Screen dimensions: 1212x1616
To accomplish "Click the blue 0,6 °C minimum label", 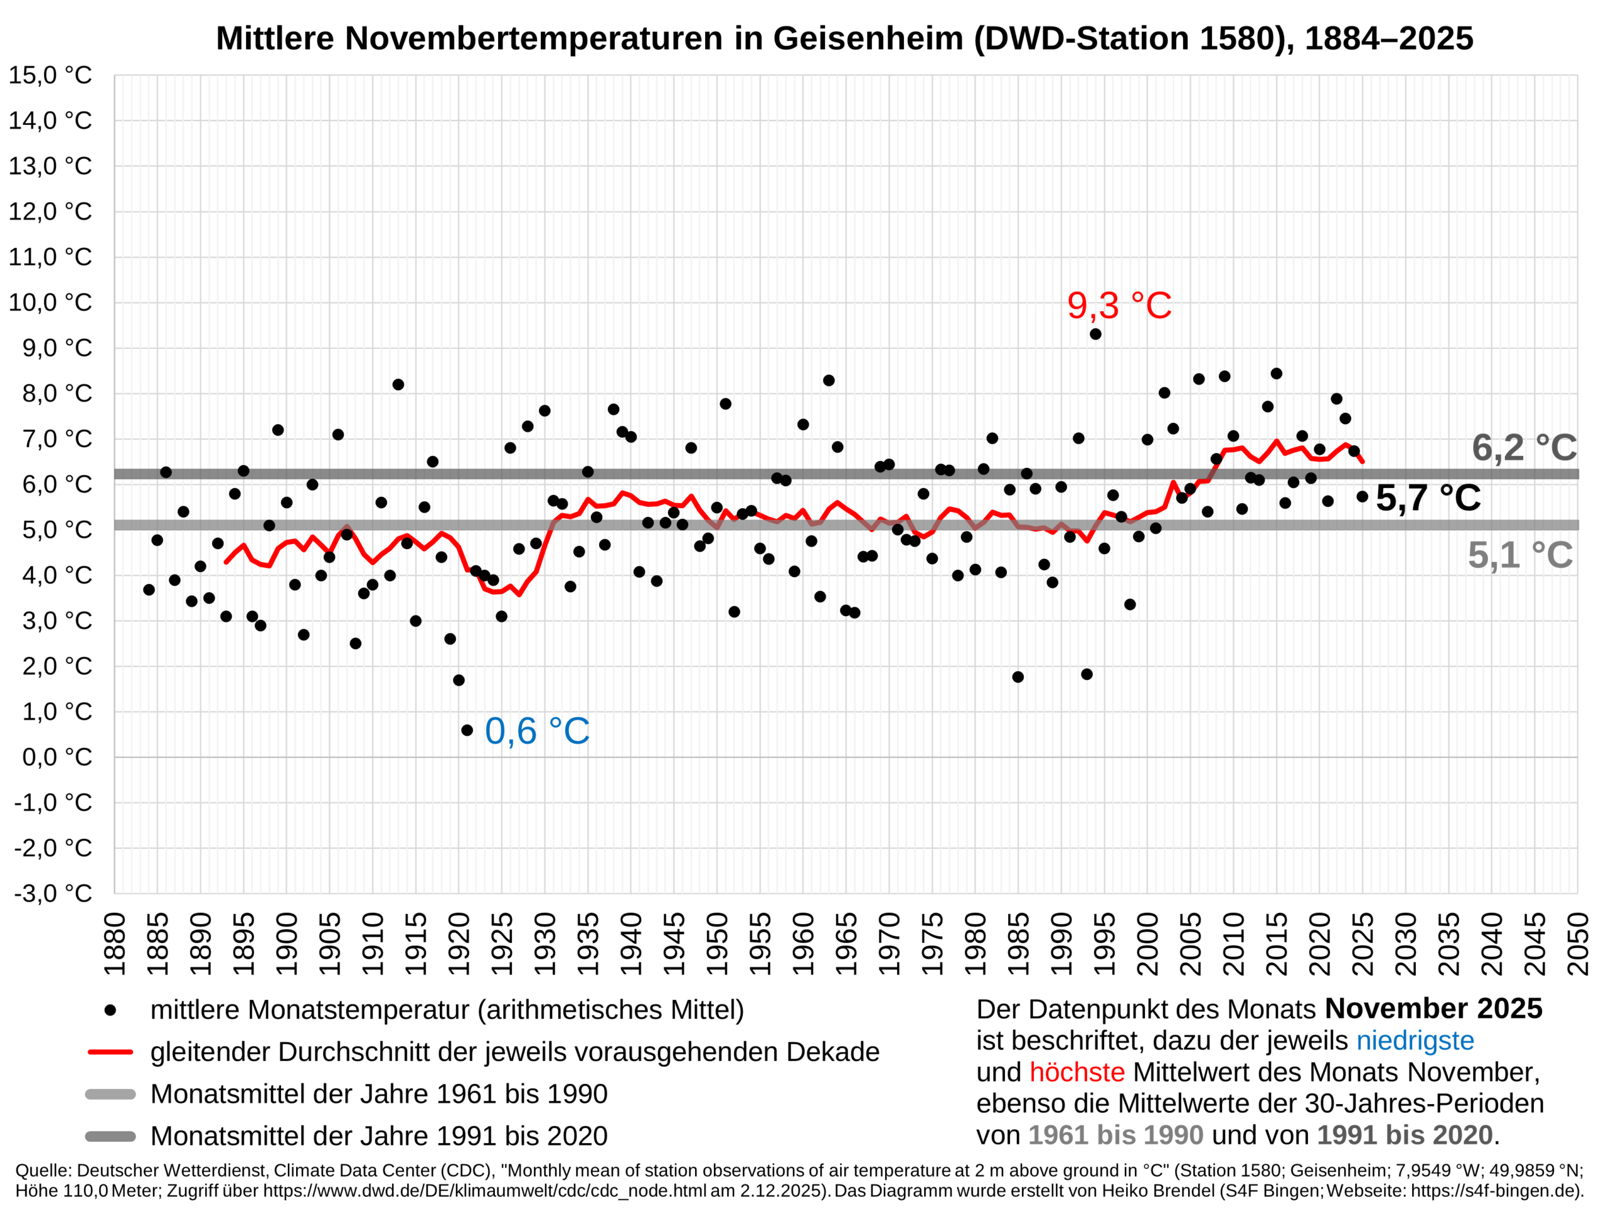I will [537, 731].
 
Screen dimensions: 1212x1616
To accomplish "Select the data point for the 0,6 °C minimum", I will [467, 730].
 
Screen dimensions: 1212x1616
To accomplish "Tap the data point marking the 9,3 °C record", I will [1095, 334].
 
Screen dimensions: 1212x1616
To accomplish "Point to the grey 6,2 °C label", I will [1523, 448].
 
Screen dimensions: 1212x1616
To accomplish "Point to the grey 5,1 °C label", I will [1519, 555].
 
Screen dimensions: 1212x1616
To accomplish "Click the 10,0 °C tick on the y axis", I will [50, 302].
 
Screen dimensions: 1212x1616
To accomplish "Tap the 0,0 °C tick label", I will [57, 757].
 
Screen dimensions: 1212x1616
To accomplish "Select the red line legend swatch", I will [110, 1052].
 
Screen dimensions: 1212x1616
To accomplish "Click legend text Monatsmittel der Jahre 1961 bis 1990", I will [378, 1095].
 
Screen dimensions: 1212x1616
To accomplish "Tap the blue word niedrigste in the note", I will [1415, 1040].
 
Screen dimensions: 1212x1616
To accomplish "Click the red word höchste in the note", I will [1076, 1072].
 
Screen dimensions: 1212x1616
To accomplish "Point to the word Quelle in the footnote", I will [42, 1170].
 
